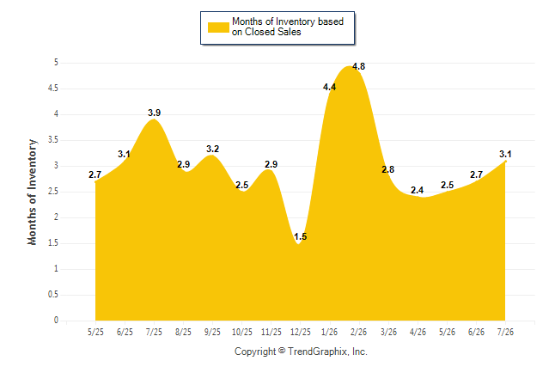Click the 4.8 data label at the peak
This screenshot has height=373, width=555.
[358, 66]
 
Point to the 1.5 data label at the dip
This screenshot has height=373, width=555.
[301, 236]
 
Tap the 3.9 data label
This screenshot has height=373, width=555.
[155, 113]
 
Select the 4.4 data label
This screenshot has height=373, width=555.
[330, 87]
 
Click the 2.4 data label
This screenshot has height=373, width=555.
[418, 190]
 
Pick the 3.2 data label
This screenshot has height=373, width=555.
[213, 149]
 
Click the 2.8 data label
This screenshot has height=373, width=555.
[388, 169]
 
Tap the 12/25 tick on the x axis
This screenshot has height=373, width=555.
[301, 332]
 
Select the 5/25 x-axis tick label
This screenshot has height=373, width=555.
[95, 332]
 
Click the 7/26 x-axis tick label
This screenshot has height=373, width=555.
[505, 332]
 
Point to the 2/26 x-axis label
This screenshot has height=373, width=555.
[359, 332]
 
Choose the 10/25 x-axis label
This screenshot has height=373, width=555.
[242, 332]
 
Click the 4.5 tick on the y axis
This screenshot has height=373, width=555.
[53, 89]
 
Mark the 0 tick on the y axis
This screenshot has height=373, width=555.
[56, 321]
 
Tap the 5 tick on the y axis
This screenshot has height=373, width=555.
[56, 63]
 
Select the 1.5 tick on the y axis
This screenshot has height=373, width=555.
[53, 243]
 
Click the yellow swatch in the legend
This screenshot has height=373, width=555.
[218, 28]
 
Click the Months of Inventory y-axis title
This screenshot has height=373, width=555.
[32, 192]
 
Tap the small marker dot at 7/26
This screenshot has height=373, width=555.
[505, 162]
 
